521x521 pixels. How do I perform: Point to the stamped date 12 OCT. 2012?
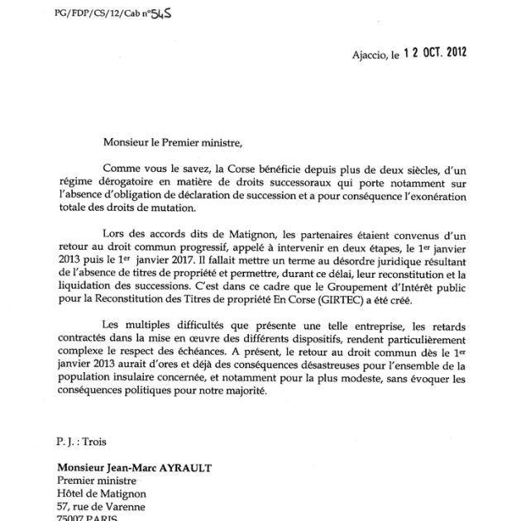click(435, 54)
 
